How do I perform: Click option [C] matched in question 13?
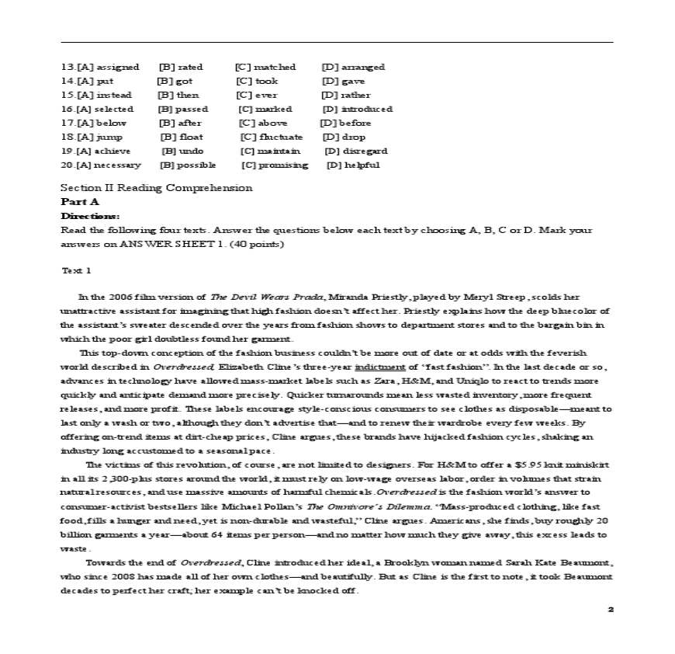tap(265, 67)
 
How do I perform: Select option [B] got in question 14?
tap(175, 81)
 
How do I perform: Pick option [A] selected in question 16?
tap(98, 109)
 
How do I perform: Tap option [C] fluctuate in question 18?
tap(272, 137)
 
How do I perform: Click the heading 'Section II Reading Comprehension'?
tap(156, 187)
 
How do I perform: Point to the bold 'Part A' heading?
tap(80, 201)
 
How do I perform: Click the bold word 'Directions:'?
tap(90, 215)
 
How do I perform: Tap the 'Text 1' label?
tap(76, 270)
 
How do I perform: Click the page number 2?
tap(611, 609)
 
